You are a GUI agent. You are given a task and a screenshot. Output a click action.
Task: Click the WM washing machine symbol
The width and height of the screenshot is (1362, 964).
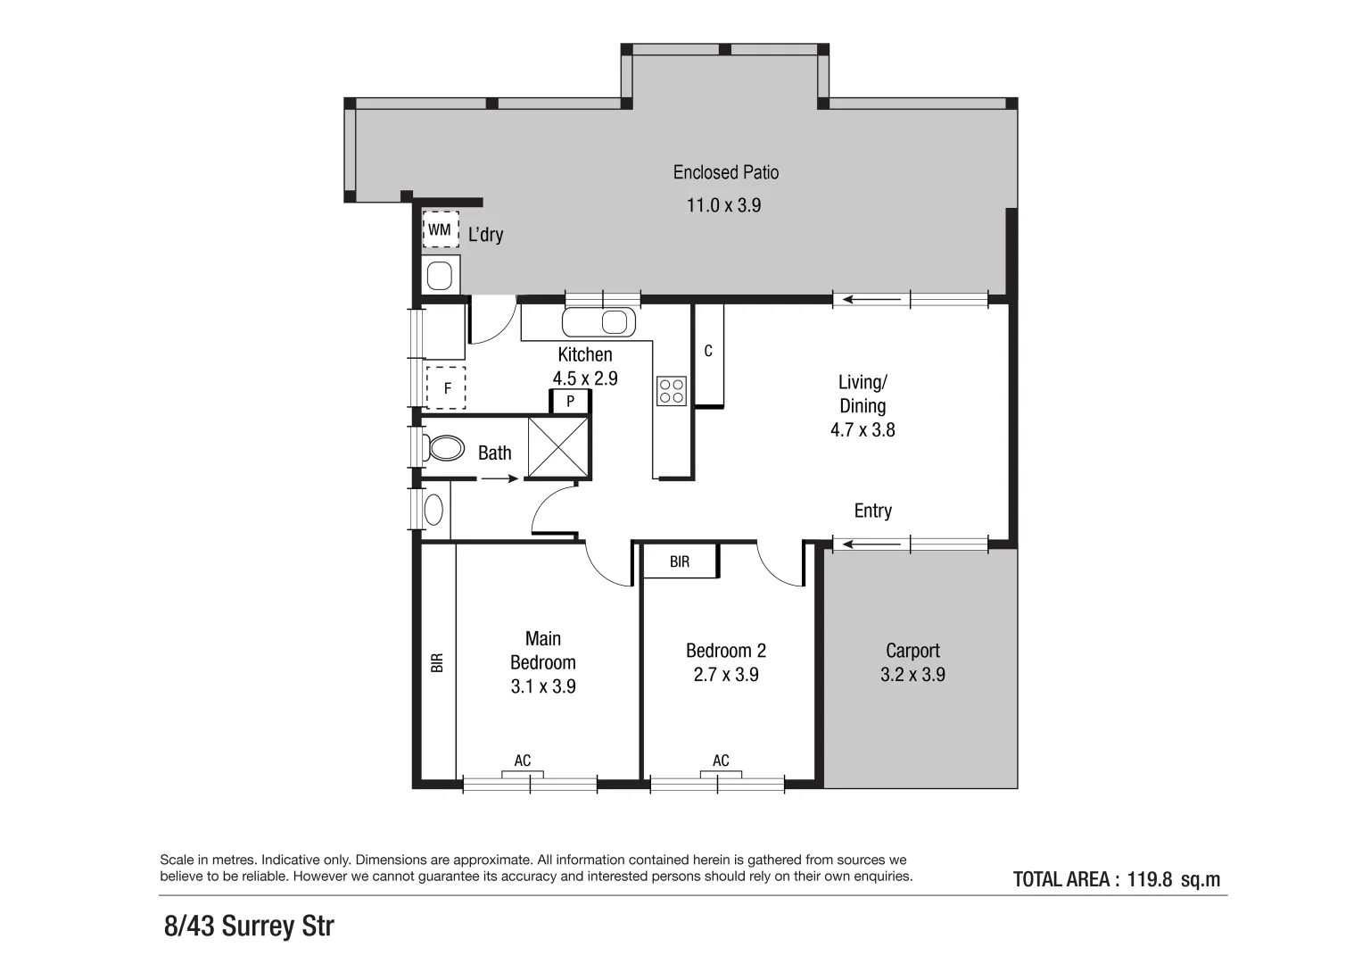(x=440, y=230)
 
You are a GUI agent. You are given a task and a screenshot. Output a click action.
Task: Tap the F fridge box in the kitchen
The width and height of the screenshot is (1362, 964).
(x=446, y=388)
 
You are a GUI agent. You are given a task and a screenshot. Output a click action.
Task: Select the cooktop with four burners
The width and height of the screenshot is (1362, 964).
(x=671, y=391)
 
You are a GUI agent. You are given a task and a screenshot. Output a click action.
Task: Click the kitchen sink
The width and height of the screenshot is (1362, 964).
(x=599, y=321)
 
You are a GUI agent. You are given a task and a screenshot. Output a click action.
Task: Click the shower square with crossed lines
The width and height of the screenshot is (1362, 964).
(x=558, y=446)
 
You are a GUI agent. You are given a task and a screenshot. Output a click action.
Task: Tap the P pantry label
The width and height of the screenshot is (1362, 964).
(x=570, y=402)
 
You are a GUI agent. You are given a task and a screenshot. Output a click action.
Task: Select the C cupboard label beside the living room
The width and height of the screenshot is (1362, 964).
(x=708, y=352)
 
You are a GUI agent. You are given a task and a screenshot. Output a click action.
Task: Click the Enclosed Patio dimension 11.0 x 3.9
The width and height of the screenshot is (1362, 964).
(x=723, y=205)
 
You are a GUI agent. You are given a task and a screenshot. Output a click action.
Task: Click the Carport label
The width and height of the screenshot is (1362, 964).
(x=912, y=651)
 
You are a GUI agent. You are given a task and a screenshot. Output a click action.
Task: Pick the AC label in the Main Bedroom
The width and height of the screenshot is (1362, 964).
(x=523, y=760)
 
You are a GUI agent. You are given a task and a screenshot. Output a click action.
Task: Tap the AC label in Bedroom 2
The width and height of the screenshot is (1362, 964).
(x=721, y=760)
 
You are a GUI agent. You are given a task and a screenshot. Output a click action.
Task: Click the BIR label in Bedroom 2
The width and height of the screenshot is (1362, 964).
(x=680, y=562)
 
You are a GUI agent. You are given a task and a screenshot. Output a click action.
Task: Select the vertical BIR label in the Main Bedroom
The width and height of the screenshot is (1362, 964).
(x=437, y=663)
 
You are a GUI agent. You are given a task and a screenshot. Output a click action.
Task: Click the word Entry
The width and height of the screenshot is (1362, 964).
(x=872, y=511)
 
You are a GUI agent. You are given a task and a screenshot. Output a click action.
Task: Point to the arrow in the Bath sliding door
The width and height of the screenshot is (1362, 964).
(x=499, y=479)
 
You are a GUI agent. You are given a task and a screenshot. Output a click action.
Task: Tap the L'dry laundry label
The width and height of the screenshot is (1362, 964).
(x=485, y=235)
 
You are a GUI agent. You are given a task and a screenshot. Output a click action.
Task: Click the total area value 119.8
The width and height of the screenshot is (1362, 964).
(x=1149, y=879)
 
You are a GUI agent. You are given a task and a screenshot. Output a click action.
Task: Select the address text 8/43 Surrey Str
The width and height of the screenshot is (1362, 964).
(x=249, y=926)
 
